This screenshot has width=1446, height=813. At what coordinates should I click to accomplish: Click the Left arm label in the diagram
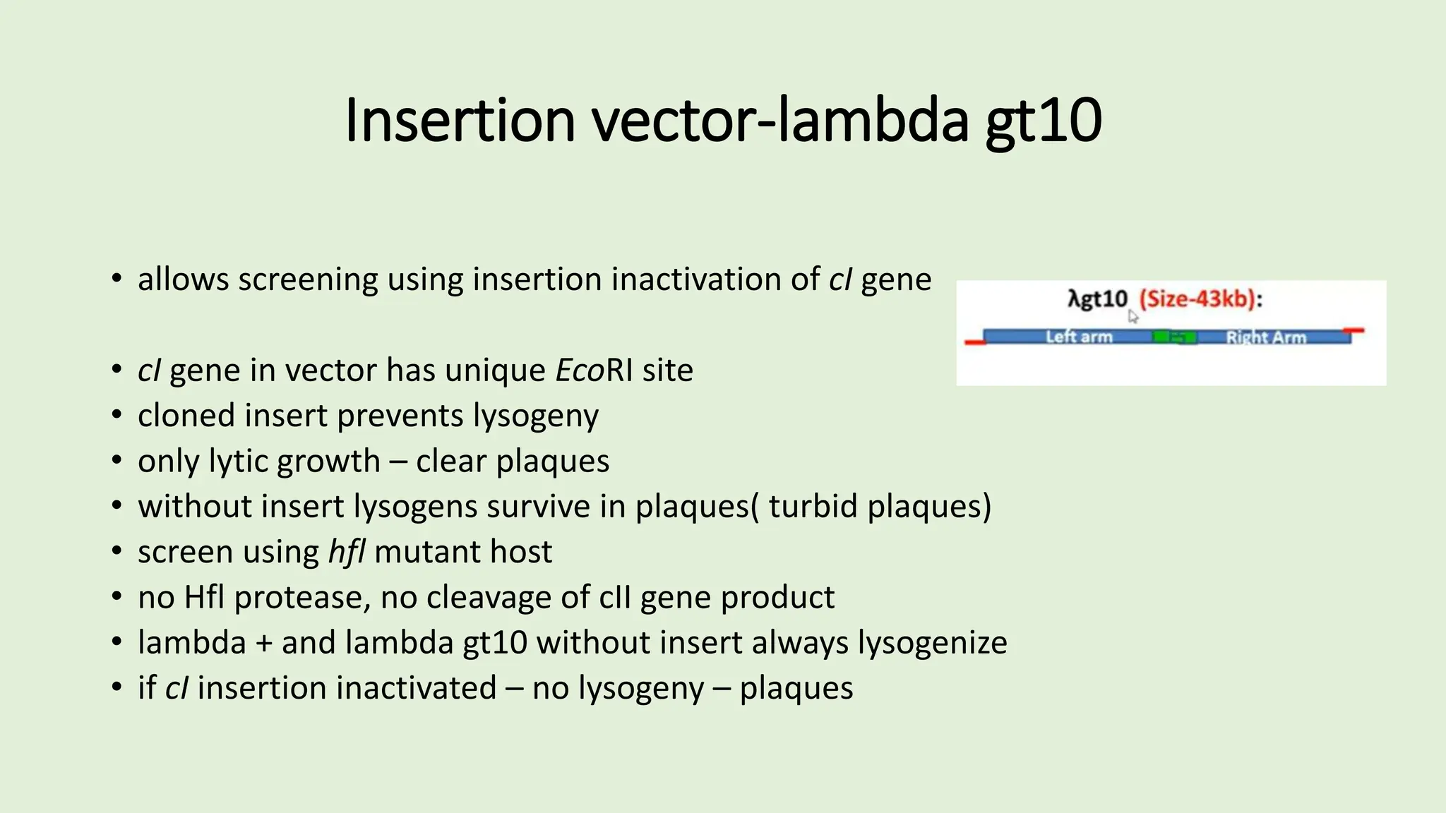coord(1078,337)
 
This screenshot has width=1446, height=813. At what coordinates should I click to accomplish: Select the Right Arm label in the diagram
coord(1265,337)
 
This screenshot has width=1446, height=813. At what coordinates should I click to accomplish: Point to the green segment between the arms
coord(1174,337)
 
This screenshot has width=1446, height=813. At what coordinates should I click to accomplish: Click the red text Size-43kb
coord(1197,299)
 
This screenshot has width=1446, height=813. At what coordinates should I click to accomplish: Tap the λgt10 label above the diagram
coord(1097,299)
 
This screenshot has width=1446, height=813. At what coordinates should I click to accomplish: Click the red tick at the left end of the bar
coord(975,342)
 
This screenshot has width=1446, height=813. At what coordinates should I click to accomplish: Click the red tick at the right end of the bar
coord(1354,330)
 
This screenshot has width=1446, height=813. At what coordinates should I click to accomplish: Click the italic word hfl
coord(346,552)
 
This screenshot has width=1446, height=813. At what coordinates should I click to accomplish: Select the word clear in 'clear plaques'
coord(451,462)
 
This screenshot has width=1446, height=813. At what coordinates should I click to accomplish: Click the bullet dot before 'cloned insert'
coord(117,416)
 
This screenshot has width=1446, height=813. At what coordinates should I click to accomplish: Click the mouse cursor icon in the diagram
coord(1133,317)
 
